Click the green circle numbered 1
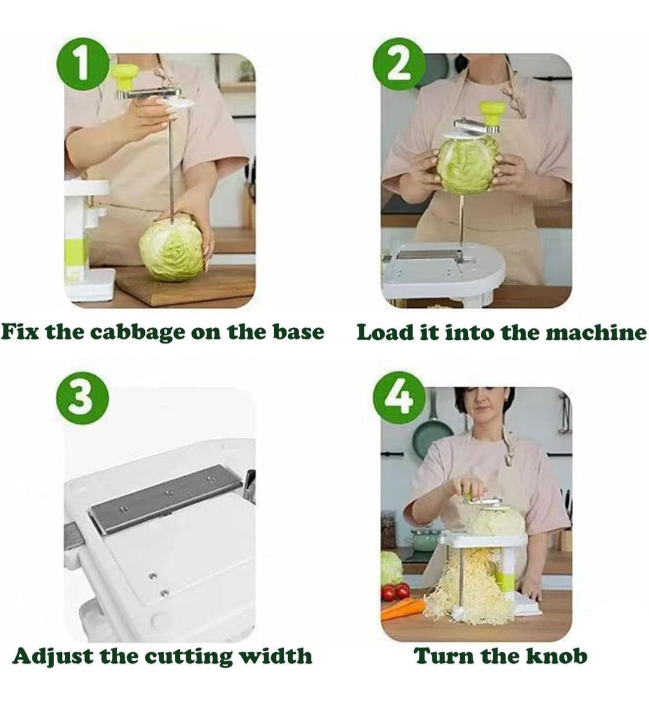pyautogui.click(x=82, y=64)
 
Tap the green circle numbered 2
pyautogui.click(x=400, y=64)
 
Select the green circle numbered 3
pyautogui.click(x=82, y=397)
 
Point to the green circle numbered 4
pyautogui.click(x=400, y=397)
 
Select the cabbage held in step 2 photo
pyautogui.click(x=468, y=164)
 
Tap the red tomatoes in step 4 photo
pyautogui.click(x=395, y=592)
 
